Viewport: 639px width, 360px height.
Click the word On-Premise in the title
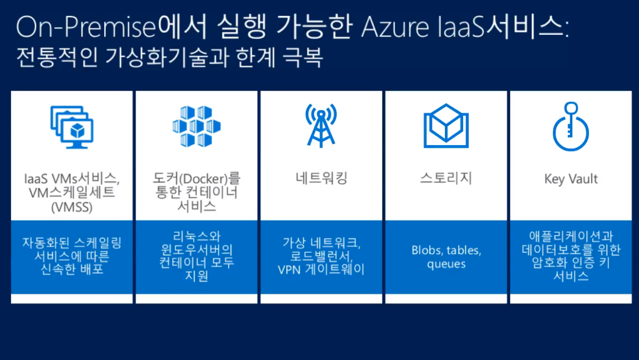pyautogui.click(x=86, y=27)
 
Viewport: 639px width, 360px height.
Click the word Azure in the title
pyautogui.click(x=395, y=28)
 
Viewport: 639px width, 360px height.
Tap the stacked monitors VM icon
pyautogui.click(x=72, y=127)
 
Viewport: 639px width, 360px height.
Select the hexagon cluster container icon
pyautogui.click(x=197, y=126)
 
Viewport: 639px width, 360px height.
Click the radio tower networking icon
pyautogui.click(x=321, y=126)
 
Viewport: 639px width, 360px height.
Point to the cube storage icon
pyautogui.click(x=446, y=126)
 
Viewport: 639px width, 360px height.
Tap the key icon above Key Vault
pyautogui.click(x=571, y=126)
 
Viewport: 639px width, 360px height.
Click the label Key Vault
pyautogui.click(x=571, y=179)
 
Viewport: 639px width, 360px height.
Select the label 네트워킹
pyautogui.click(x=321, y=178)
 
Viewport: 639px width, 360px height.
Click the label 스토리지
pyautogui.click(x=446, y=178)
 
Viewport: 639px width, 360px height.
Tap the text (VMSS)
pyautogui.click(x=72, y=207)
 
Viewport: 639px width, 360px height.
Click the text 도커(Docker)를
pyautogui.click(x=197, y=178)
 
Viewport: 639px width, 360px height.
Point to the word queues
pyautogui.click(x=446, y=264)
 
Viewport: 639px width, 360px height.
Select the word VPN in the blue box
pyautogui.click(x=289, y=270)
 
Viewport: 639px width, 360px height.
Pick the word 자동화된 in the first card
pyautogui.click(x=46, y=243)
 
